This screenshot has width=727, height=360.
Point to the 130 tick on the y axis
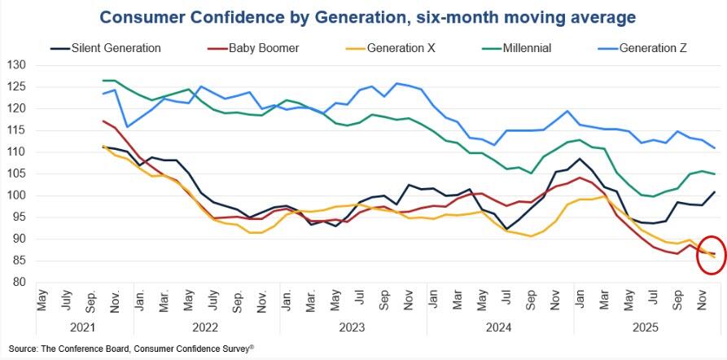tap(17, 65)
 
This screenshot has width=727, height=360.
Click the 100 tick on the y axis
tap(17, 195)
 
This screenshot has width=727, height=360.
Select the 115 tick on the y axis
tap(17, 130)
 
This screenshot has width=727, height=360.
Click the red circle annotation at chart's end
tap(710, 255)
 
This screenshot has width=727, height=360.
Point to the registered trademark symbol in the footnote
tap(252, 345)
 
